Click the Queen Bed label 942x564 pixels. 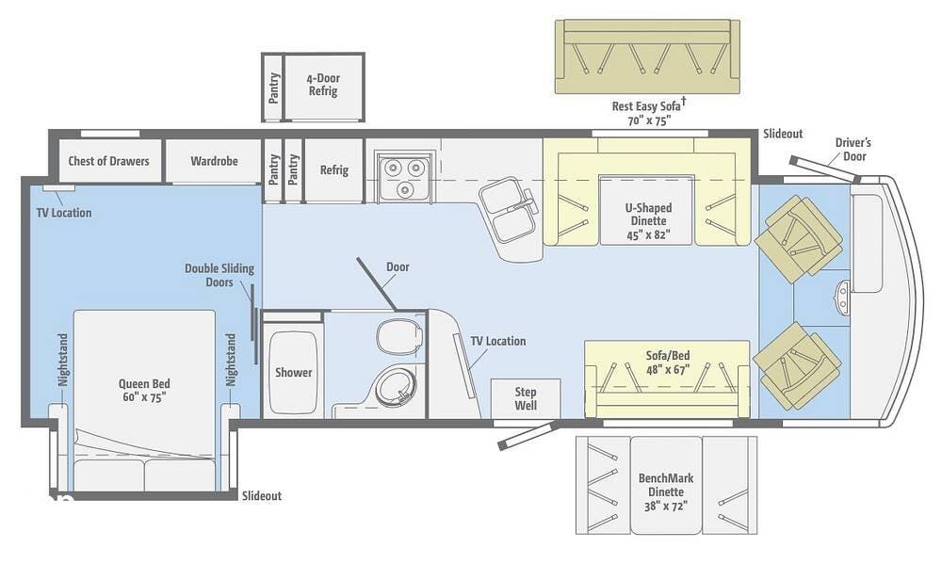click(144, 390)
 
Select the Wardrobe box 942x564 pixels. click(213, 160)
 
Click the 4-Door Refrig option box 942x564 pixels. click(323, 87)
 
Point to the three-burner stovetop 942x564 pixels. click(404, 175)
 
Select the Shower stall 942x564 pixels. click(293, 373)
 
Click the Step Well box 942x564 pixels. click(526, 398)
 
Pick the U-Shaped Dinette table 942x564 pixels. click(648, 210)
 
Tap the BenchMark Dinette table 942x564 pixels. click(666, 485)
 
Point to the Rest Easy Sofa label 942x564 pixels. click(648, 112)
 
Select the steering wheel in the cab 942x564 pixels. click(842, 297)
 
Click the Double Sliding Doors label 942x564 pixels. click(219, 275)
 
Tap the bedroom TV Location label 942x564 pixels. click(64, 213)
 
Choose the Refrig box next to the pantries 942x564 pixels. click(334, 170)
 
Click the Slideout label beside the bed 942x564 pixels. click(262, 496)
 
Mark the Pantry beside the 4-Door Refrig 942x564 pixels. click(273, 87)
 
